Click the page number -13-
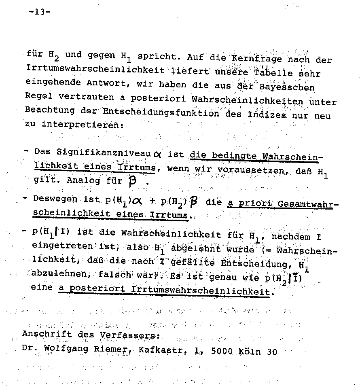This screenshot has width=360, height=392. click(x=40, y=12)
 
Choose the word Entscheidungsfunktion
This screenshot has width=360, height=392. click(x=161, y=112)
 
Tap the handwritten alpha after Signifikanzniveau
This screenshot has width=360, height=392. click(x=157, y=154)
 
